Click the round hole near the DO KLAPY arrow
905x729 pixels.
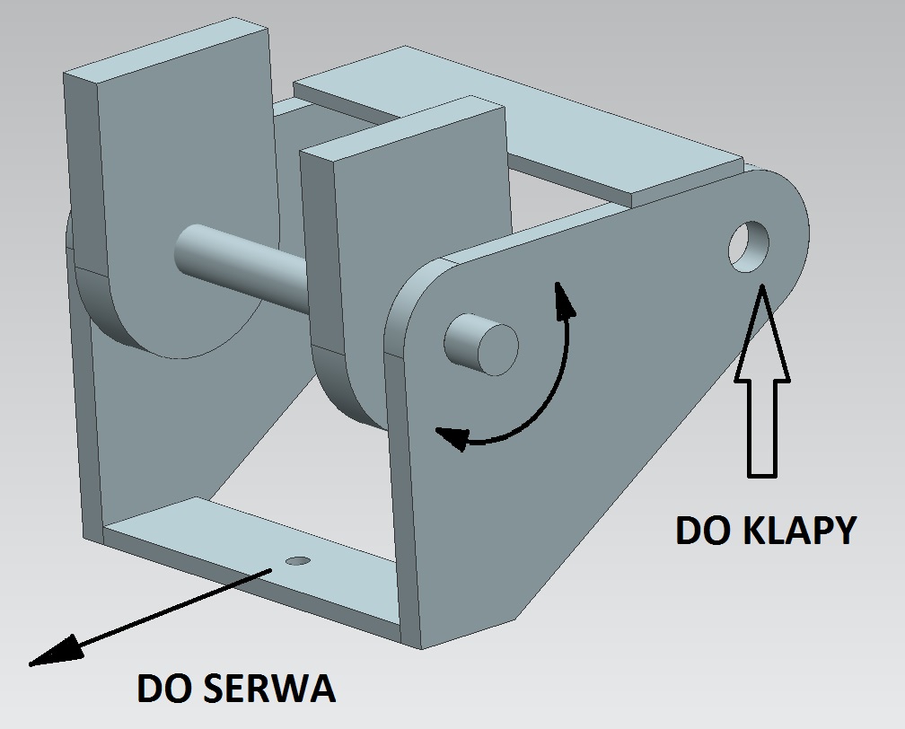pyautogui.click(x=750, y=245)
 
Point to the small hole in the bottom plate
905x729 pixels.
pyautogui.click(x=297, y=561)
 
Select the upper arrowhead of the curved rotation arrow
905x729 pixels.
pyautogui.click(x=562, y=299)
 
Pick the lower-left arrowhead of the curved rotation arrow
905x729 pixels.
pyautogui.click(x=452, y=438)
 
